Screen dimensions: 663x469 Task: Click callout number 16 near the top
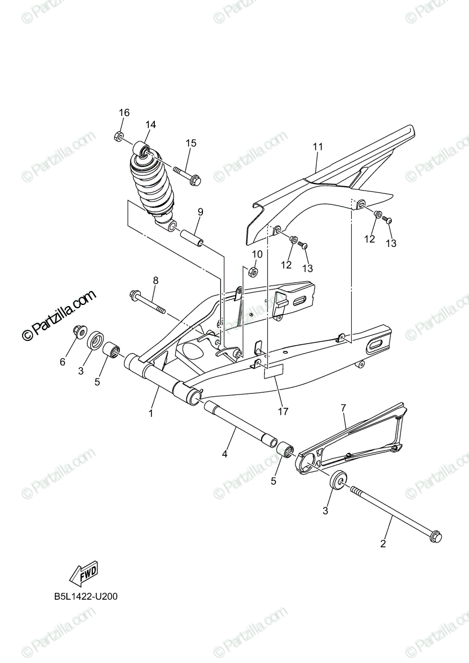point(124,113)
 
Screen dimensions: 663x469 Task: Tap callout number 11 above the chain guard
point(317,146)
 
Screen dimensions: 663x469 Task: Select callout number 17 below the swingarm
point(284,411)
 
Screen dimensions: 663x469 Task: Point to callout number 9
point(200,212)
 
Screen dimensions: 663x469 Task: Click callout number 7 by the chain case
point(343,408)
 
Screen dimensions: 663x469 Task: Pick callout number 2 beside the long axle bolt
point(383,544)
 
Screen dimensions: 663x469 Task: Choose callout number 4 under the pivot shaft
point(225,454)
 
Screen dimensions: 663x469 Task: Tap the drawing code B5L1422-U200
point(86,597)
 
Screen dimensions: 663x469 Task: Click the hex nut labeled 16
point(118,137)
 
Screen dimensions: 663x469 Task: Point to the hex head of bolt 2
point(435,536)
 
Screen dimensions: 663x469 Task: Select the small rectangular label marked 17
point(273,372)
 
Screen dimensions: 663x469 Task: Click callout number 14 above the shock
point(150,125)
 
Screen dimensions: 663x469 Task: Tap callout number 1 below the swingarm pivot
point(150,412)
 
